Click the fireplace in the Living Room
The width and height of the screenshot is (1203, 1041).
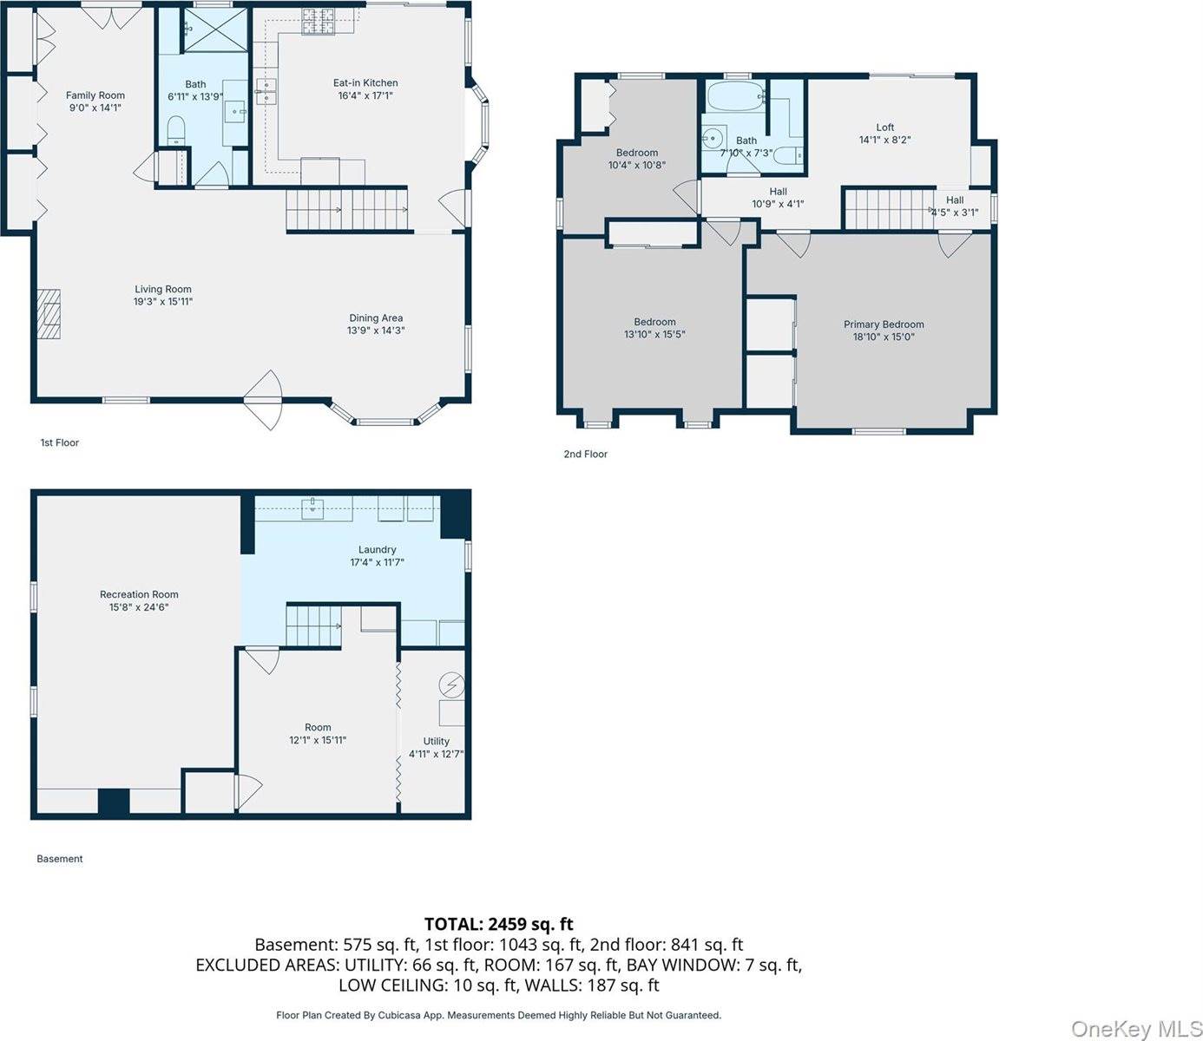coord(49,313)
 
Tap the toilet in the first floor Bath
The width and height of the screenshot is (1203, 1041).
coord(175,130)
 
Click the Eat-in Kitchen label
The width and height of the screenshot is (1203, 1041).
coord(365,82)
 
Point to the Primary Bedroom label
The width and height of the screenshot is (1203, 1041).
coord(884,324)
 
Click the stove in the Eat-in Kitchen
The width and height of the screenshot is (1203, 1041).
coord(319,22)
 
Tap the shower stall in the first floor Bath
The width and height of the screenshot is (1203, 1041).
coord(216,29)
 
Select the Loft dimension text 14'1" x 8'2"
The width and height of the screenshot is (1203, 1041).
coord(884,140)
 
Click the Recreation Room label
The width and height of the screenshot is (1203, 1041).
coord(139,594)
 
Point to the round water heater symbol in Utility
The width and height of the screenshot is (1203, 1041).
coord(452,684)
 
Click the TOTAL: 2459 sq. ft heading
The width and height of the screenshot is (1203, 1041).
coord(499,924)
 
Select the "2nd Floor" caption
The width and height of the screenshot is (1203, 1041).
coord(586,454)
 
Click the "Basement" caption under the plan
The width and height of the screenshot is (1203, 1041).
coord(59,858)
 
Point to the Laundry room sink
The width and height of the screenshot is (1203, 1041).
coord(313,507)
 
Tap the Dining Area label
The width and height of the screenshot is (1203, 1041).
coord(376,318)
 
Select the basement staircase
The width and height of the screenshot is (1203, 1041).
coord(313,625)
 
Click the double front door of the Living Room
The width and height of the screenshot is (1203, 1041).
coord(263,400)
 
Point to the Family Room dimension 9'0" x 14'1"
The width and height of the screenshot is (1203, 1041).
coord(95,108)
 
